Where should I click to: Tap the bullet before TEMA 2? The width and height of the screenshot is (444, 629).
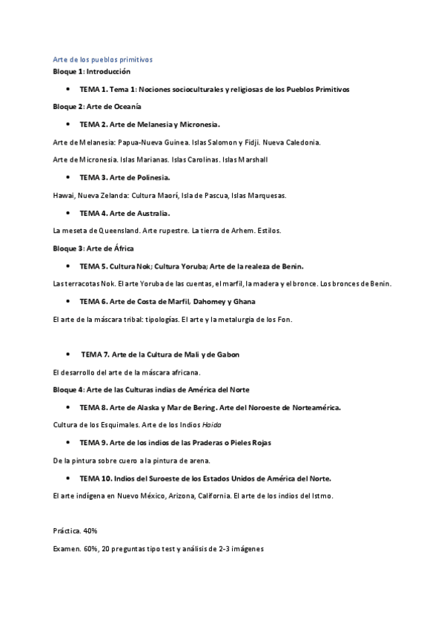pyautogui.click(x=67, y=124)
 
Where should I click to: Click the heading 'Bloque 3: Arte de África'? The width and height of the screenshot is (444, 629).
pyautogui.click(x=94, y=248)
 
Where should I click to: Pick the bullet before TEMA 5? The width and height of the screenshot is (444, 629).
pyautogui.click(x=67, y=266)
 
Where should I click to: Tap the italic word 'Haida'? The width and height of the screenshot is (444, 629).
pyautogui.click(x=212, y=425)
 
